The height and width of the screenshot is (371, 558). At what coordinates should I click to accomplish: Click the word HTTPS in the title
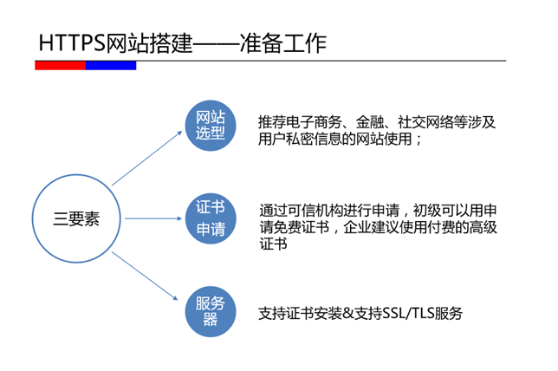point(73,43)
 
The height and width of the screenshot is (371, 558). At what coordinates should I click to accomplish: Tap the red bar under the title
point(60,66)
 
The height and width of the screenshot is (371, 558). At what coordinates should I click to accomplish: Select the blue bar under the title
point(111,66)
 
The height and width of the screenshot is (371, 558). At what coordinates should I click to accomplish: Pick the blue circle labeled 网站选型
point(211,126)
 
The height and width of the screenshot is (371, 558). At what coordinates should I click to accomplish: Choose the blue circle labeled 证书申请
point(211,218)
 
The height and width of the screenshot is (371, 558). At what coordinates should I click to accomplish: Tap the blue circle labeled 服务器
point(211,311)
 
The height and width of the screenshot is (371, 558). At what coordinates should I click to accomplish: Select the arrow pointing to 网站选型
point(147,158)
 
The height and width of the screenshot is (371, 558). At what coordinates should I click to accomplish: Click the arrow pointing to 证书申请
point(153,218)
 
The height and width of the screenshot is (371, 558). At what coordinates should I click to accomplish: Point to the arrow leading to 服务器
point(145,276)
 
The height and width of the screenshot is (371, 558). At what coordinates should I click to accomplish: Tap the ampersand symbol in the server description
point(348,314)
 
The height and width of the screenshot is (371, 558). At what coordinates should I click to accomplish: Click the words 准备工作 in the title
point(283,43)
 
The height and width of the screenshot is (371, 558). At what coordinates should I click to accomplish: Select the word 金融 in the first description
point(370,122)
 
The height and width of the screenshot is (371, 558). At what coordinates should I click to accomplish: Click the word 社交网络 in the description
point(425,122)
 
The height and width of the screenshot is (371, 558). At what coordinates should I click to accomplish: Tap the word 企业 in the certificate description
point(357,227)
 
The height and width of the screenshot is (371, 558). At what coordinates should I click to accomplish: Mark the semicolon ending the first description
point(418,140)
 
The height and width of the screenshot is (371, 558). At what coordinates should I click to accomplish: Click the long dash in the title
point(216,44)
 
